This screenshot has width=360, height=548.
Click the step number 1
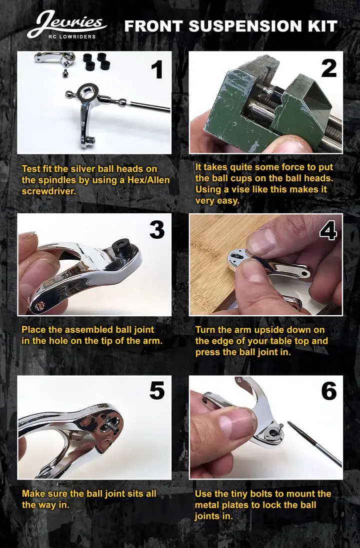pos(157,69)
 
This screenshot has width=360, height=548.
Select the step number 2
pos(328,68)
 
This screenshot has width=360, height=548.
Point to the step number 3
pos(156,229)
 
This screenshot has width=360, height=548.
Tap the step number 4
pos(328,231)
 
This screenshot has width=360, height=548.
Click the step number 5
pos(156,391)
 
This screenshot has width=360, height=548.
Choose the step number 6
pos(328,391)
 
